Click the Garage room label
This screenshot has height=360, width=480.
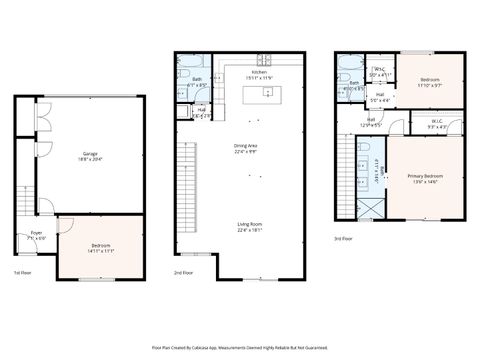coord(91,154)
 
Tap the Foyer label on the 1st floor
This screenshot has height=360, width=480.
coord(36,235)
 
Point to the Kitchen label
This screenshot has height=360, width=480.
coord(259,74)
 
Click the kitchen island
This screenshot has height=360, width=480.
coord(265,93)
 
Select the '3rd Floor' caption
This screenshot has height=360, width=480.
coord(344,239)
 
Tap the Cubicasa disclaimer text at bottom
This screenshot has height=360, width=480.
coord(240,347)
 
